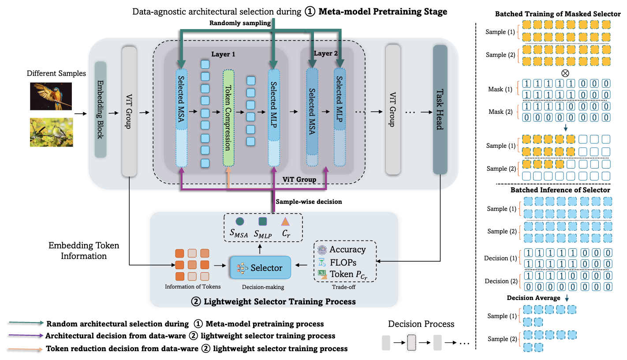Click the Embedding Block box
101,110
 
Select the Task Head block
440,110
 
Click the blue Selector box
260,267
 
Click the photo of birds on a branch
51,132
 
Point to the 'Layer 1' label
224,54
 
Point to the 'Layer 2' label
325,53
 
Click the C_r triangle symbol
285,221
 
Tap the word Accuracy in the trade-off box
347,250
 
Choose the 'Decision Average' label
534,298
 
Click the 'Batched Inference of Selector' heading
560,190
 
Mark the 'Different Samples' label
56,74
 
